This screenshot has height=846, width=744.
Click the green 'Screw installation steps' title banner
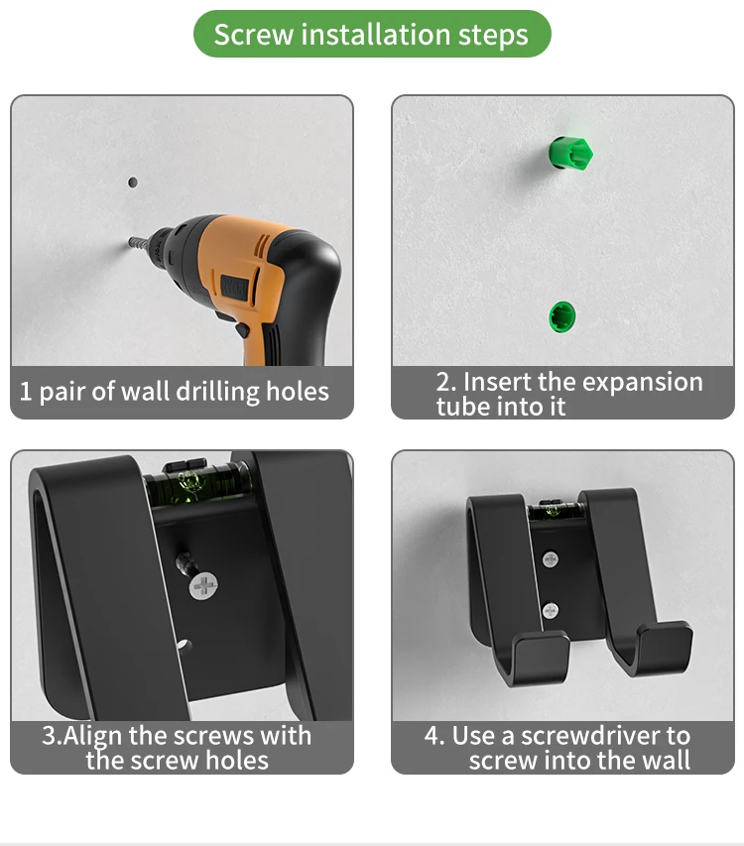pyautogui.click(x=372, y=34)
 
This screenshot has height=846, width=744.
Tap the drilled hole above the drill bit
pyautogui.click(x=132, y=182)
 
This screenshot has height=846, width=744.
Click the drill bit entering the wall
pyautogui.click(x=140, y=243)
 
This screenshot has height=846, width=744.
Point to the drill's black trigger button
pyautogui.click(x=242, y=329)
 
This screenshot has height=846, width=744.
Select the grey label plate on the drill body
pyautogui.click(x=234, y=287)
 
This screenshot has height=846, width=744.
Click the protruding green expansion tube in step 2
pyautogui.click(x=570, y=153)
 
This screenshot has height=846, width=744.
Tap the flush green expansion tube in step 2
pyautogui.click(x=562, y=316)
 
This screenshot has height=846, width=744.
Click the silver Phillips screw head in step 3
pyautogui.click(x=204, y=586)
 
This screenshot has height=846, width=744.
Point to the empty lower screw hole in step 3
pyautogui.click(x=185, y=645)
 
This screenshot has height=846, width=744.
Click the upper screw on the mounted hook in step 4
pyautogui.click(x=550, y=559)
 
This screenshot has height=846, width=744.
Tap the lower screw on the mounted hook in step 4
pyautogui.click(x=550, y=611)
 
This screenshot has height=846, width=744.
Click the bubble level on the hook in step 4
pyautogui.click(x=556, y=510)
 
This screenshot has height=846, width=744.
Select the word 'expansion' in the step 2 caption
pyautogui.click(x=643, y=383)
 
